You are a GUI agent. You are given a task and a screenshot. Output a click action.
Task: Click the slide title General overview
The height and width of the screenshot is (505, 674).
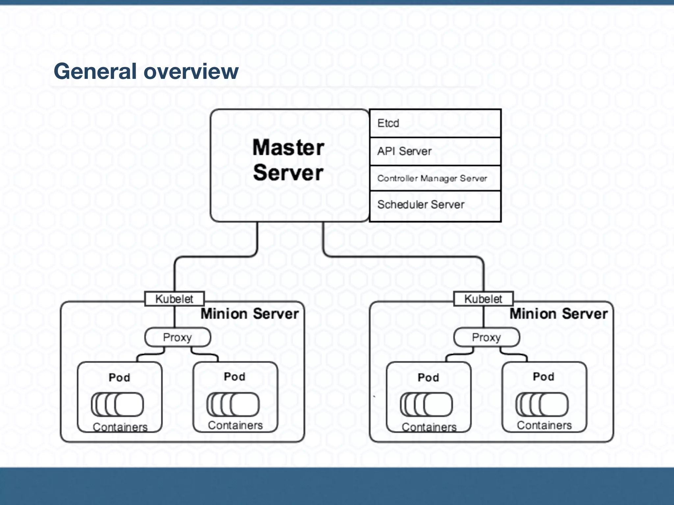[146, 71]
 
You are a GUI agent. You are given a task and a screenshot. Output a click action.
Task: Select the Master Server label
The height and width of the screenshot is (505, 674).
[288, 160]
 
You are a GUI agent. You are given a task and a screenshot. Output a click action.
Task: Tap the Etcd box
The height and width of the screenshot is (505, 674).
[435, 123]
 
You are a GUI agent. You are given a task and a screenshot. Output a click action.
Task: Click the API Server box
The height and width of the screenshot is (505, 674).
[435, 151]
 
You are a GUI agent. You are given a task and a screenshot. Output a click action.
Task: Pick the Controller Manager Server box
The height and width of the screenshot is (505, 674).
[435, 178]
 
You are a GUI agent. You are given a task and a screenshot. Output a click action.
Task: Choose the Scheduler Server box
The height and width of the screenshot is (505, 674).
[435, 205]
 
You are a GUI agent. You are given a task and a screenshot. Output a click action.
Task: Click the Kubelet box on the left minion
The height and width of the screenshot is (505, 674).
[174, 299]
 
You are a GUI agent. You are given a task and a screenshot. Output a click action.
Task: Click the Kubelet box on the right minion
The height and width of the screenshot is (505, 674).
[483, 299]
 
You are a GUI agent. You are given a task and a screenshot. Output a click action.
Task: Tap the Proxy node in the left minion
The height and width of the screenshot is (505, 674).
[178, 337]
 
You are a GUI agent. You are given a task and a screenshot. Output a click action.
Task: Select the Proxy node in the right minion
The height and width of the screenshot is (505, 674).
[486, 337]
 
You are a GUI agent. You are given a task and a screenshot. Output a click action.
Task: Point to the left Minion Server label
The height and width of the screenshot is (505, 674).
[249, 314]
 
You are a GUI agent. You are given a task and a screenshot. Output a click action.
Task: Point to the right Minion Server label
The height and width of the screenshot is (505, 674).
[558, 314]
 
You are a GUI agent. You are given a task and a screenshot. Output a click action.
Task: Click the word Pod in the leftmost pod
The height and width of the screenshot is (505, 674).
[119, 377]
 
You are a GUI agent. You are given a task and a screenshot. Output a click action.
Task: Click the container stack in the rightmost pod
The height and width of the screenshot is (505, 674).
[542, 404]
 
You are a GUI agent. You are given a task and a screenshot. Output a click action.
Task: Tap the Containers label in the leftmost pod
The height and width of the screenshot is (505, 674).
[120, 427]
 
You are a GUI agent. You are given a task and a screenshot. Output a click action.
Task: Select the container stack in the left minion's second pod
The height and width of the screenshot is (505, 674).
[233, 404]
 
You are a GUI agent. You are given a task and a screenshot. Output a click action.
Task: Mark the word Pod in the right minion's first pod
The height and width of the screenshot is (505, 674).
[428, 377]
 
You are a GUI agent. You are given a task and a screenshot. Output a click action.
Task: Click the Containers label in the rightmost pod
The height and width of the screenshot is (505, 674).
[544, 425]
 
